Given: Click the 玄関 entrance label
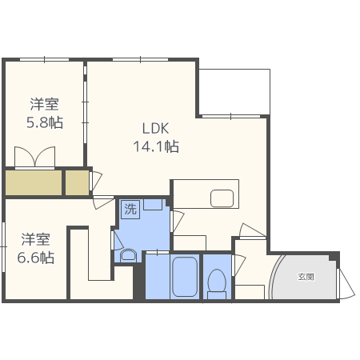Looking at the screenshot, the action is pos(306,277).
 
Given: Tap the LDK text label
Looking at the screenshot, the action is pos(155,129).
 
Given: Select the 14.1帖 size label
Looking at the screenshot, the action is pos(156,146).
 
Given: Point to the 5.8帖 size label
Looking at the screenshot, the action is pos(45,122).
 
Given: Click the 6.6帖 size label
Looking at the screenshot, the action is pos(36,258).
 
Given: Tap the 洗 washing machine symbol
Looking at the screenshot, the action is pos(130,209).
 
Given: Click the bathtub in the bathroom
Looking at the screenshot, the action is pos(185,277).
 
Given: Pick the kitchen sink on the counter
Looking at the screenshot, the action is pos(222,198).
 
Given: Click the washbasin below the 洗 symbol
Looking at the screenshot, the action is pos(128,255).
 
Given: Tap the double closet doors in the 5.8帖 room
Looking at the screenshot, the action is pos(34,158).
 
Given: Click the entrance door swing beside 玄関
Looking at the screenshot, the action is pos(346,284).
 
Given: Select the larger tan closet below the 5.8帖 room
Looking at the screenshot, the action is pos(34,182).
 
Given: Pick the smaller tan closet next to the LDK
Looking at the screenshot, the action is pos(77,182).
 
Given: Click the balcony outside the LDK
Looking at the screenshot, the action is pos(234,92).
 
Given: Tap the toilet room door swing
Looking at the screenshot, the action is pos(238,265).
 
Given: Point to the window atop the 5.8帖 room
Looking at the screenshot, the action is pos(44,59).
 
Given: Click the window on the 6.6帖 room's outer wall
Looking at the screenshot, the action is pos(3,247).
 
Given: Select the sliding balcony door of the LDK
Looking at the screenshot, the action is pos(231,116).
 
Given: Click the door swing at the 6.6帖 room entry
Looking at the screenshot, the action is pos(103,202).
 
